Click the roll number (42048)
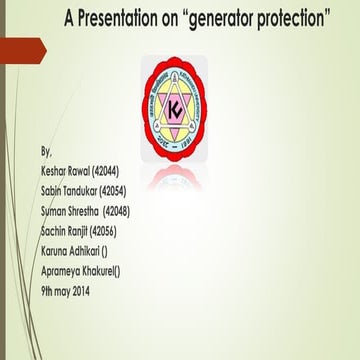134,211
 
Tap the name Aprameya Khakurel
80,269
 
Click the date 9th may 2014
73,289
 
